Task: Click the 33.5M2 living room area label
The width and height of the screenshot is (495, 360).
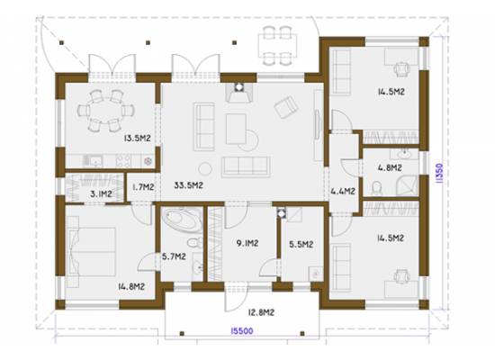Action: coord(188,185)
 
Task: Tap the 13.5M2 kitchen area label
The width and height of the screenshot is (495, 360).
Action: coord(138,138)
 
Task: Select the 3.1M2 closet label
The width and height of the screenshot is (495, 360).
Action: coord(101,193)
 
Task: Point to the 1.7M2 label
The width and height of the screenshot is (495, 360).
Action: coord(143,187)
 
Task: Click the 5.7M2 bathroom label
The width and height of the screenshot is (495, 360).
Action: coord(174,256)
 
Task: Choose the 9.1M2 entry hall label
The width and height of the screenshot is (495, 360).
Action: coord(247,243)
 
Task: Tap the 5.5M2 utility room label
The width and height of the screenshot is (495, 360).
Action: coord(301,244)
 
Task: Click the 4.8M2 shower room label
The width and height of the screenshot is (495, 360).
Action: coord(390,167)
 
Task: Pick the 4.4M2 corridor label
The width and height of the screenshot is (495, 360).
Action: coord(343,191)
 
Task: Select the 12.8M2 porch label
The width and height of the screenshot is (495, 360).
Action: coord(261,312)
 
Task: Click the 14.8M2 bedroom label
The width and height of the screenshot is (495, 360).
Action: coord(131,286)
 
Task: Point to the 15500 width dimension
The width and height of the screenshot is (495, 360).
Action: coord(242,331)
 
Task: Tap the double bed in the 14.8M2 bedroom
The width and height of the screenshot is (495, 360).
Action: coord(91,252)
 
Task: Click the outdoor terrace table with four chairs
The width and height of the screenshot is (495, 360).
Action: coord(277,46)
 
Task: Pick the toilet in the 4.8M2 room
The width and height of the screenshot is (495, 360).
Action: coord(376,188)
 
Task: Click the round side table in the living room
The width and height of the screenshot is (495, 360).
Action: coord(205,168)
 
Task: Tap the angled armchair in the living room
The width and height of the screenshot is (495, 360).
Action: coord(286,107)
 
